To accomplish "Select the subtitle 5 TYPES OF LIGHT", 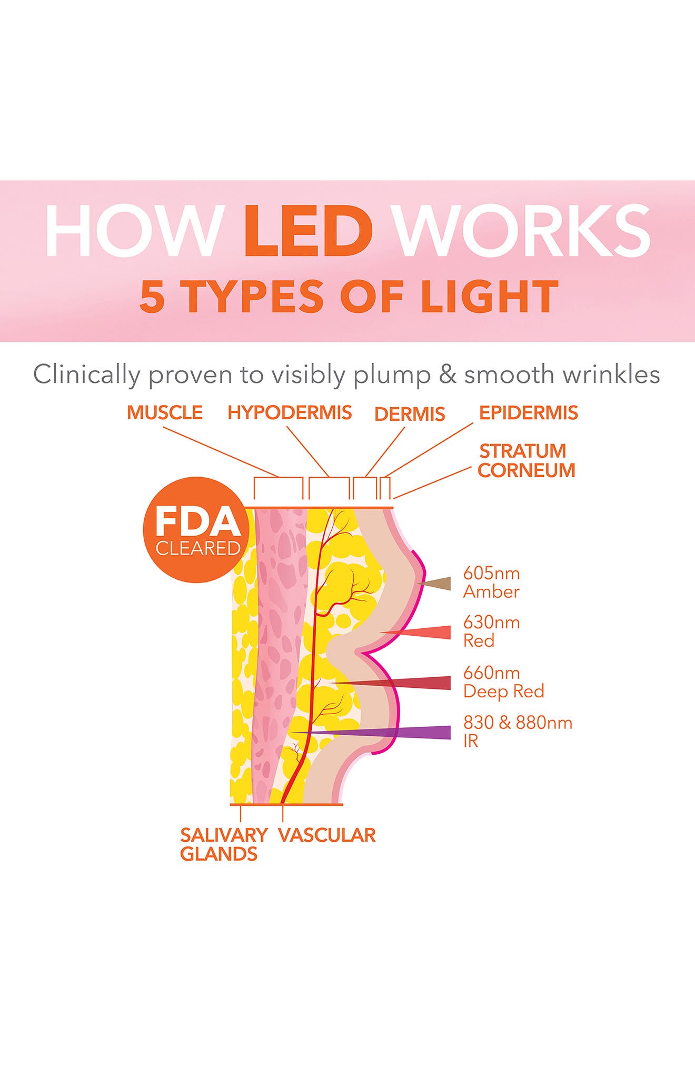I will point(349,296).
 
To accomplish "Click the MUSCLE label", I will point(165,412).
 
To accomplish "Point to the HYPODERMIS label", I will point(290,412).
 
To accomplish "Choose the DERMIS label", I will point(410,414).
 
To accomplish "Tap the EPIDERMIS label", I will point(528,412).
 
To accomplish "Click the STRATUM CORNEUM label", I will point(527,461).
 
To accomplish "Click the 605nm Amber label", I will point(491,582).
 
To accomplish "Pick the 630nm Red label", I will point(491,631).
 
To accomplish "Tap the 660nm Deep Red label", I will point(503,682).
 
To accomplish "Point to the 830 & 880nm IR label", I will point(517,731).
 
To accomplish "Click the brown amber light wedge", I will point(437,584).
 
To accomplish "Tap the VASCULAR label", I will point(326,835).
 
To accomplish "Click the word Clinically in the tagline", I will point(86,375).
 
